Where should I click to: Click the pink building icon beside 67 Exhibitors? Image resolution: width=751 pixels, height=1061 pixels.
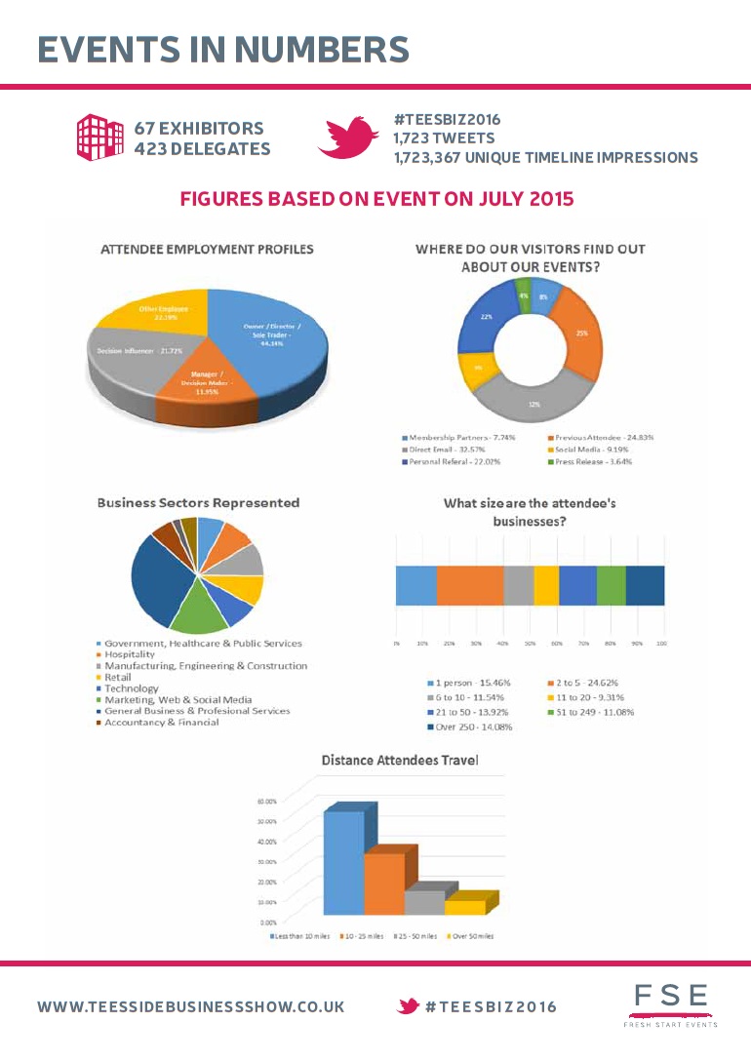coord(99,137)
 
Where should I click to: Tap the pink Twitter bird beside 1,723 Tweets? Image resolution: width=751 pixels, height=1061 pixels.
coord(347,138)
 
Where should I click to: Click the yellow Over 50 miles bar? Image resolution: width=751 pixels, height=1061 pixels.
coord(464,907)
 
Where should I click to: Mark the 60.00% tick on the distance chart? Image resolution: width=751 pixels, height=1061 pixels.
coord(266,801)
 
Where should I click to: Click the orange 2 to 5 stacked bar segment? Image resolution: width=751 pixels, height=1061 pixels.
coord(469,585)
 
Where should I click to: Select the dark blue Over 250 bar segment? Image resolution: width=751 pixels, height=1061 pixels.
coord(645,585)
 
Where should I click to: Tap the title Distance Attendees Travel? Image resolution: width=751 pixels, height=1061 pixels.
coord(400,760)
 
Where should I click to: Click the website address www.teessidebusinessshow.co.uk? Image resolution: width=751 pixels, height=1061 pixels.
coord(190,1006)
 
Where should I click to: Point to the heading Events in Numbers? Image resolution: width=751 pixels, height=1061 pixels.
coord(223,48)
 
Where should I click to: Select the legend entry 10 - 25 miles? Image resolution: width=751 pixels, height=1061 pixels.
coord(362,936)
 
